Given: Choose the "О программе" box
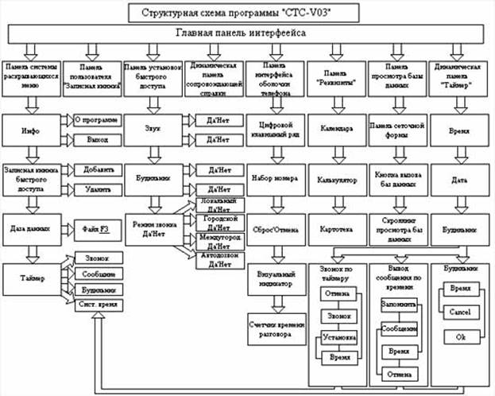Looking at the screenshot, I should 98,120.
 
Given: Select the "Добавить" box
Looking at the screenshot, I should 98,169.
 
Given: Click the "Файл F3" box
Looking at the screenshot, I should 98,228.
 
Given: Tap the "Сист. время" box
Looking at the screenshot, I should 98,305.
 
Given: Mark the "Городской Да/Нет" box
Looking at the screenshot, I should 215,223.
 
